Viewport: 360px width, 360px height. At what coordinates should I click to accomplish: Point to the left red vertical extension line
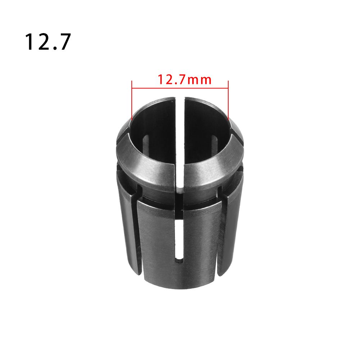(132, 101)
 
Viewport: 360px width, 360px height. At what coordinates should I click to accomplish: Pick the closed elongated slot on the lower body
(179, 241)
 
